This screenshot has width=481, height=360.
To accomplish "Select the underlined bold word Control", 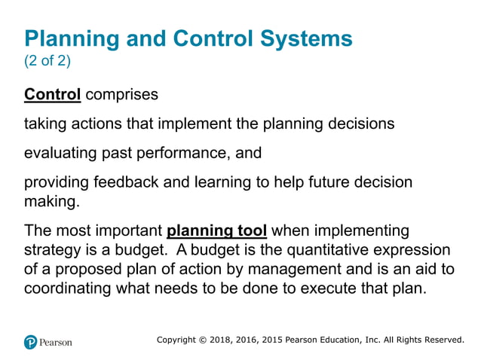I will click(x=52, y=95).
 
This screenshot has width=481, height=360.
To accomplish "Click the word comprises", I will click(x=121, y=95).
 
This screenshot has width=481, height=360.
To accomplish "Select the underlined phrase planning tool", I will click(x=216, y=230).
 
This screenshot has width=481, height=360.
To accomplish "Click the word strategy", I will click(x=52, y=249).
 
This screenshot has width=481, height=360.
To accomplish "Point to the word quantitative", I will click(x=340, y=249).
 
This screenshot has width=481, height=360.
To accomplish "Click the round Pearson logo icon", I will click(x=31, y=341).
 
